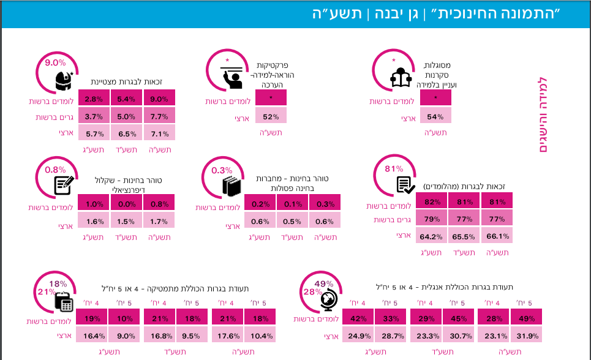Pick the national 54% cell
(435, 116)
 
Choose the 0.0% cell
(126, 204)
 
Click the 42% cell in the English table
(358, 318)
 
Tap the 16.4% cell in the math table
(92, 335)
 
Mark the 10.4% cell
(260, 335)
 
